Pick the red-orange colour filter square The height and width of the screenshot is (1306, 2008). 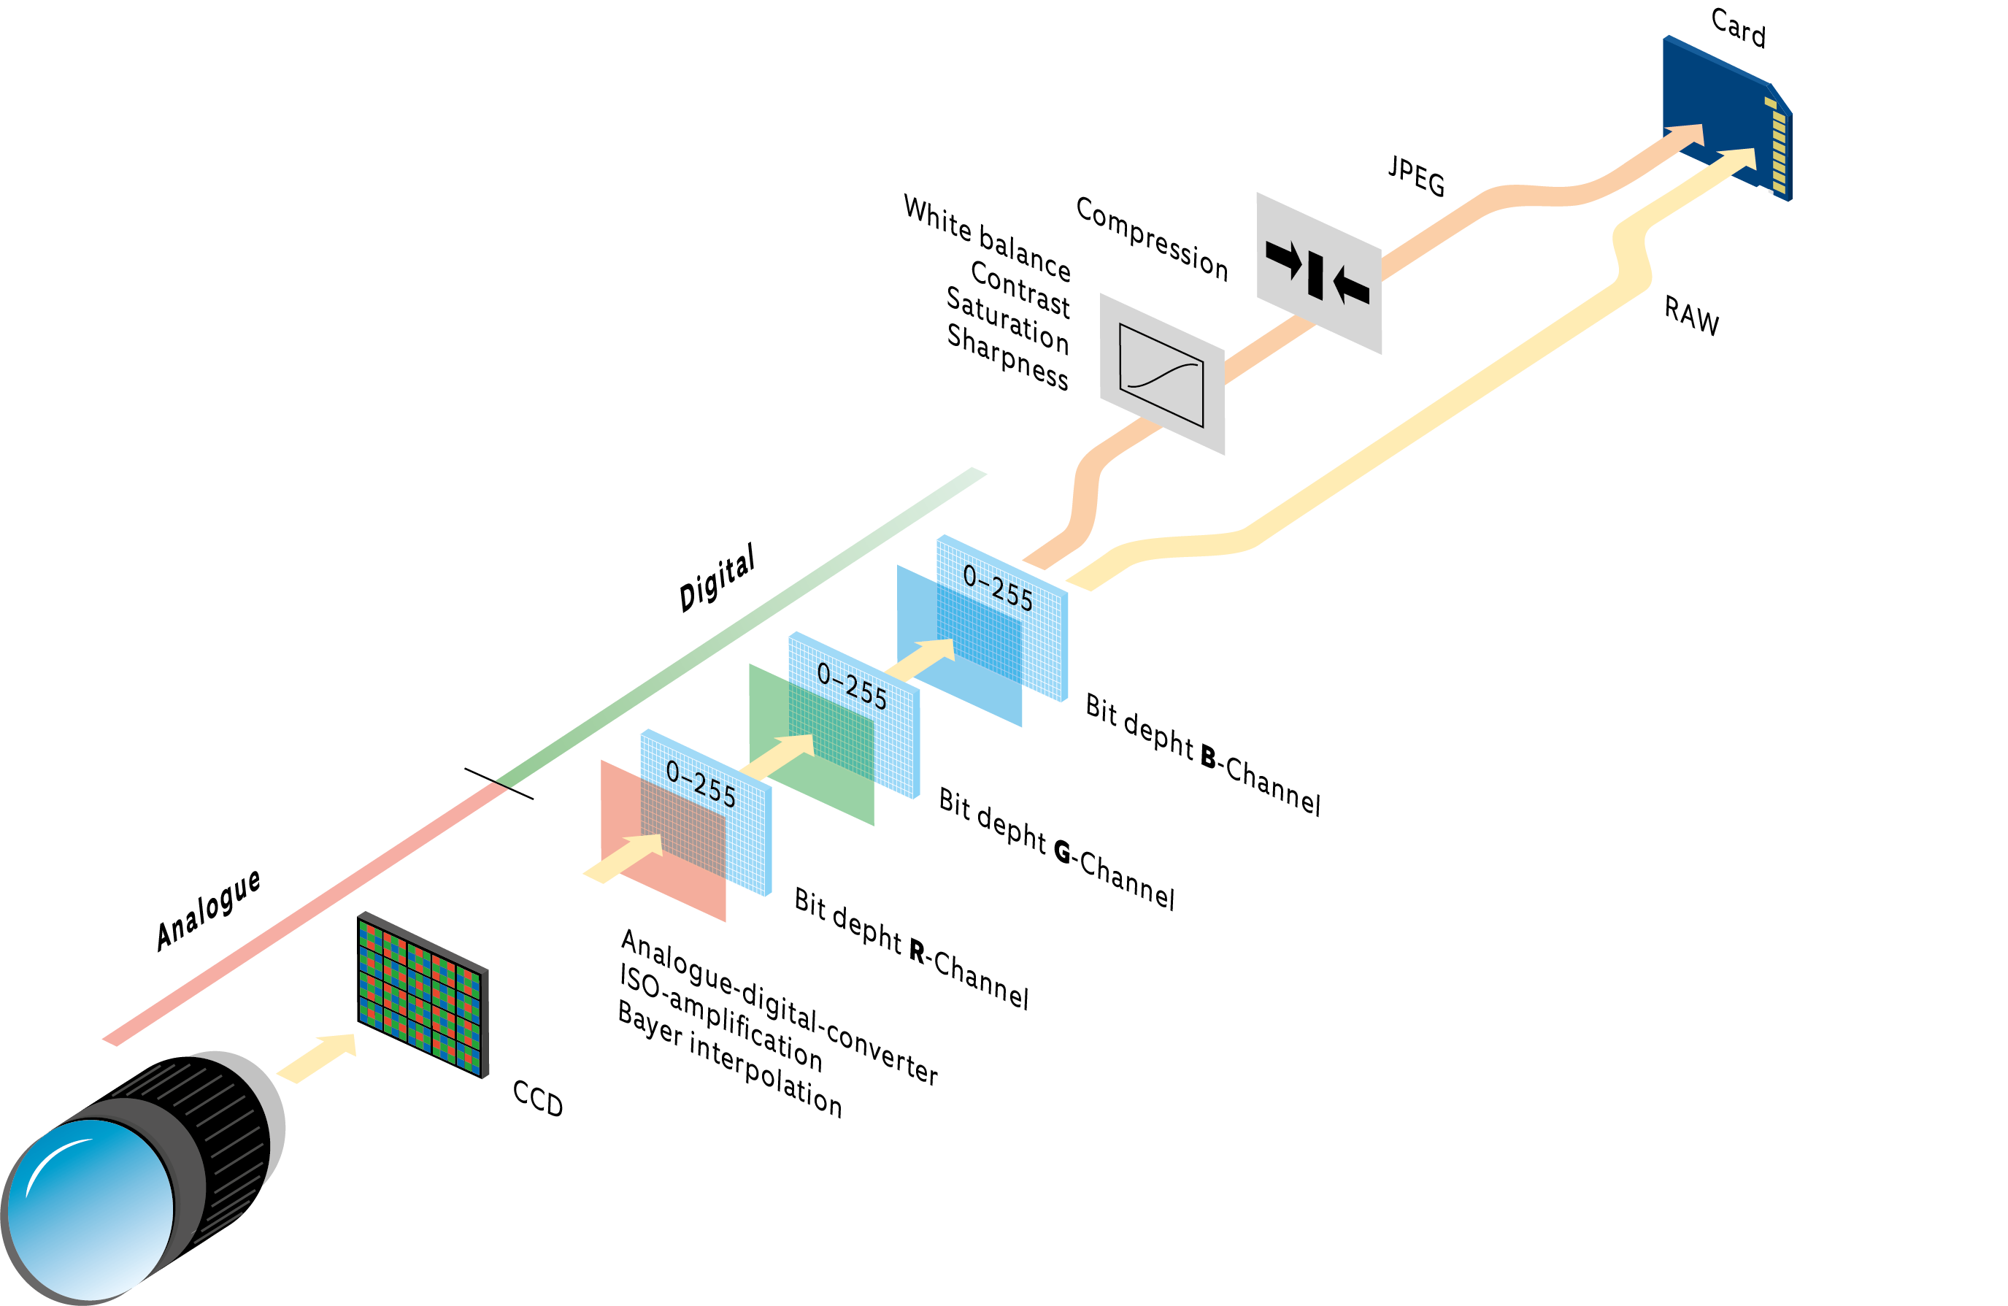tap(666, 877)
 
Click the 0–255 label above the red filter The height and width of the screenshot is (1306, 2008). tap(700, 783)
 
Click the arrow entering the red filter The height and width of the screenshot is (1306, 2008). tap(624, 858)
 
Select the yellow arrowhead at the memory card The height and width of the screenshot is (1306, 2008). tap(1738, 161)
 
